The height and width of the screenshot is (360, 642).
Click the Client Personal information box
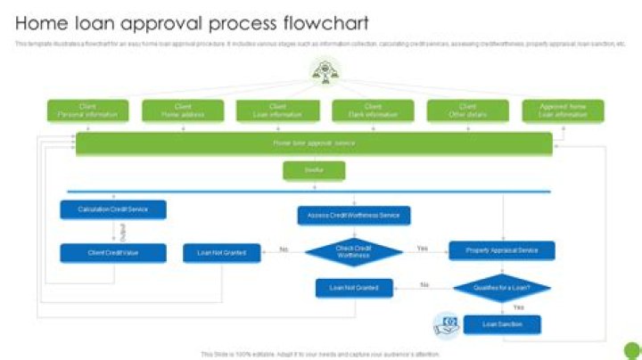click(x=87, y=110)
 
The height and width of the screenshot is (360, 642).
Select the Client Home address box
click(x=183, y=110)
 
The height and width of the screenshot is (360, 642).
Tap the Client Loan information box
click(x=278, y=110)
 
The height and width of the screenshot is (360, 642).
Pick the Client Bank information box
click(x=373, y=110)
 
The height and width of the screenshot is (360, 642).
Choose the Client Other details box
click(x=467, y=110)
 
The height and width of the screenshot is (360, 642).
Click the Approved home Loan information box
click(x=563, y=110)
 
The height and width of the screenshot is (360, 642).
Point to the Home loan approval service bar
click(x=314, y=143)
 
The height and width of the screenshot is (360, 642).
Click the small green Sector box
click(x=314, y=170)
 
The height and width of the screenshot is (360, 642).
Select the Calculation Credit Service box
click(x=113, y=209)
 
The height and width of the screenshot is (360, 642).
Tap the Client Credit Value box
click(x=113, y=253)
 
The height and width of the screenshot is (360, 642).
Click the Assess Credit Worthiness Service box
click(x=354, y=215)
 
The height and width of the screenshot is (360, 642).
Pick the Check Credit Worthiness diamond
click(x=354, y=252)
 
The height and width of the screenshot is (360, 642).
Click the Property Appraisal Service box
click(x=501, y=250)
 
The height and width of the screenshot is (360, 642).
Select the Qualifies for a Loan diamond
click(x=501, y=288)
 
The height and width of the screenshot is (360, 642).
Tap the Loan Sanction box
click(x=501, y=324)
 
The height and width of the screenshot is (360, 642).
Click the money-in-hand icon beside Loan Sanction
click(x=447, y=324)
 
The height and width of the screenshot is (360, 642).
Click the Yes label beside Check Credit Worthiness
click(x=423, y=249)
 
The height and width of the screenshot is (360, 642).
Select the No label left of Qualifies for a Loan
click(x=424, y=285)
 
